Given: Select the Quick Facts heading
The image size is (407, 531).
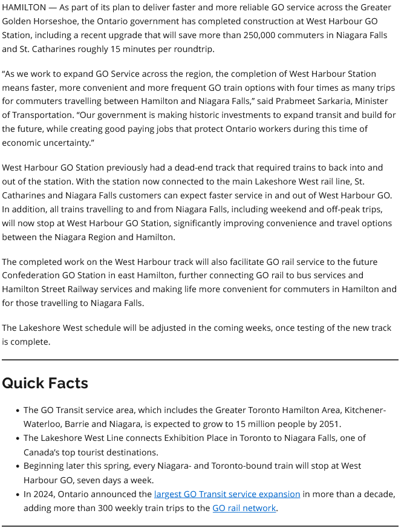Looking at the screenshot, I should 45,383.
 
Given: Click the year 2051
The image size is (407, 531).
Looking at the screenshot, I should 328,424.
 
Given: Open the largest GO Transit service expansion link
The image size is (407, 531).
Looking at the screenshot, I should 227,494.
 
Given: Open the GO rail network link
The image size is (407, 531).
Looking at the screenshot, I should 244,508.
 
